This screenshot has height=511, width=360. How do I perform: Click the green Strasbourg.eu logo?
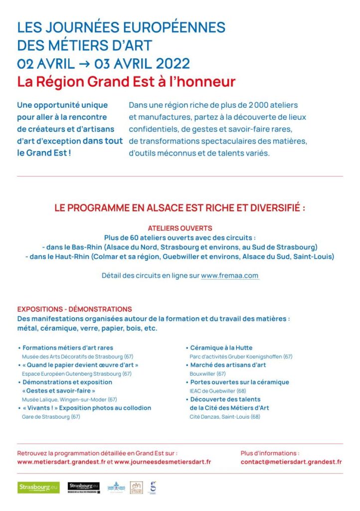click(38, 487)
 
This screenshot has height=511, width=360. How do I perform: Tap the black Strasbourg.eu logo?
click(84, 487)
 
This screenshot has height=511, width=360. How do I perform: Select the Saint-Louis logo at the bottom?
click(117, 487)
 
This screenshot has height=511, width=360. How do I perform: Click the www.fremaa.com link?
click(230, 275)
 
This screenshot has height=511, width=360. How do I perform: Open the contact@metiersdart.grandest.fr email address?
click(291, 462)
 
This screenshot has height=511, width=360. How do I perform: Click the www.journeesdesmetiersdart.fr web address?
click(163, 462)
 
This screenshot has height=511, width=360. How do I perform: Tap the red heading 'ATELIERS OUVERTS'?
click(180, 228)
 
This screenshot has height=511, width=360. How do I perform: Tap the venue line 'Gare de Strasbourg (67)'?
click(51, 417)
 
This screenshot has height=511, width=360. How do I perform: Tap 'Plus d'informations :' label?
click(270, 453)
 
